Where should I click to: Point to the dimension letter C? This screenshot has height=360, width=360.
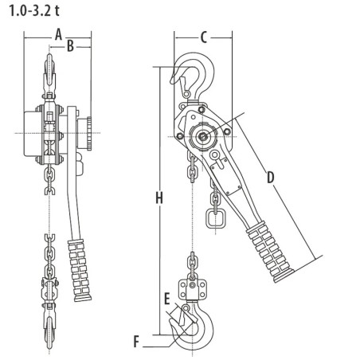tap(203, 36)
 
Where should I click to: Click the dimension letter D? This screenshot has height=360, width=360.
tap(270, 177)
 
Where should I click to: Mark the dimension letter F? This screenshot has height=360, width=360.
tap(137, 341)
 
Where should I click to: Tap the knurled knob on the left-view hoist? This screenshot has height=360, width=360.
tap(92, 131)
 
